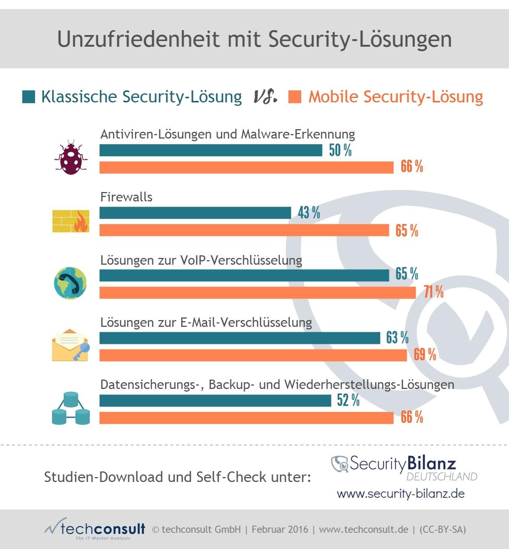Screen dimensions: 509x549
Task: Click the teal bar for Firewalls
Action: (195, 213)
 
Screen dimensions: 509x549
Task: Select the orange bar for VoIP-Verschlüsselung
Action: (258, 293)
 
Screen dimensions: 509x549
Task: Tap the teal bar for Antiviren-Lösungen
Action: (211, 150)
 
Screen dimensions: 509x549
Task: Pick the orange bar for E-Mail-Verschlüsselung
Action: (253, 355)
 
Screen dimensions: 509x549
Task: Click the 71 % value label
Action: (434, 292)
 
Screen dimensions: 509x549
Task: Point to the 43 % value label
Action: (309, 213)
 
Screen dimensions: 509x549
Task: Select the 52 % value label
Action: (348, 400)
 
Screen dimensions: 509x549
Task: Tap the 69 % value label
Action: (425, 354)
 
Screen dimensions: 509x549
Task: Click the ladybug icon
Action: (71, 157)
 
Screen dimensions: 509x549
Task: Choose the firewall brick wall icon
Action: (71, 221)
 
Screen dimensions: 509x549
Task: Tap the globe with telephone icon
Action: (71, 283)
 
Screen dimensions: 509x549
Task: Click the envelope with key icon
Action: (71, 345)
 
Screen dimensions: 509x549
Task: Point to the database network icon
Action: (71, 408)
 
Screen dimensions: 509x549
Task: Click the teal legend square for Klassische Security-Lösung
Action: (29, 97)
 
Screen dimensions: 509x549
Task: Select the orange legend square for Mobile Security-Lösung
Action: (295, 97)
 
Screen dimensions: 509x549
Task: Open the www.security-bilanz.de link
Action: (401, 494)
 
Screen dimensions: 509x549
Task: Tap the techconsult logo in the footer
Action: (95, 529)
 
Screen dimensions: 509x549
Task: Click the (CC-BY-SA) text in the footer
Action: (443, 529)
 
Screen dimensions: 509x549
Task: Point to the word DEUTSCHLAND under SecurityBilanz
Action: (442, 477)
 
